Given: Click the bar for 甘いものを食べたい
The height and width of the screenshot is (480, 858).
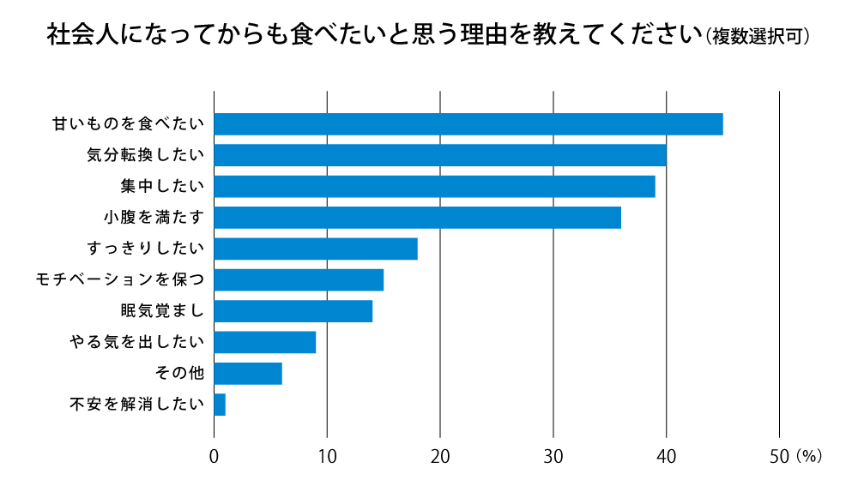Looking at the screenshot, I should coord(468,124).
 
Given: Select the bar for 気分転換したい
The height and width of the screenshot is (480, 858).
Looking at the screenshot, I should coord(439,155).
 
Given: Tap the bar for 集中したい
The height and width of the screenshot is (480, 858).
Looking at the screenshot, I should coord(434,186).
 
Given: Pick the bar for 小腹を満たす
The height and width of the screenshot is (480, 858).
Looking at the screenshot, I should coord(417,218).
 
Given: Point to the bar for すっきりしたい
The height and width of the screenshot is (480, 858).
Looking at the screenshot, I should coord(315,249).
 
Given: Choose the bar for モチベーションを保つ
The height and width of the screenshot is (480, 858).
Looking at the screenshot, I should coord(298,279).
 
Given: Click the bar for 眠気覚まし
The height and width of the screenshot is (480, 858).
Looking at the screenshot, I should coord(293,310).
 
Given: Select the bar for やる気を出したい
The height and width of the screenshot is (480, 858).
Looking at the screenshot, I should coord(264,342).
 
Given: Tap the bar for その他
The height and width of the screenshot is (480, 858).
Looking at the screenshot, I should coord(247,373).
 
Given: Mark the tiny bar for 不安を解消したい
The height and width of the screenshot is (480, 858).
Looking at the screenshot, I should coord(220,404).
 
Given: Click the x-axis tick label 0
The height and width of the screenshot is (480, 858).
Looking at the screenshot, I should coord(214,456).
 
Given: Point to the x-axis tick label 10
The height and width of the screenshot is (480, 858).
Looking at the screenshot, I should coord(327,456).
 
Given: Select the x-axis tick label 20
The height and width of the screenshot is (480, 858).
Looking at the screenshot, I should coord(440,456).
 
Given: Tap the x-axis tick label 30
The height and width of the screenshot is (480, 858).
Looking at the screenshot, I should coord(553,456).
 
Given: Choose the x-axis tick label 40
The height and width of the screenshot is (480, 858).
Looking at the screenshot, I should coord(666,456).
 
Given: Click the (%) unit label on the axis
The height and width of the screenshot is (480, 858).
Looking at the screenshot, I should coord(810,456).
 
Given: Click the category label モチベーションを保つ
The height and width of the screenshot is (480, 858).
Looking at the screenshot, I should coord(119,279).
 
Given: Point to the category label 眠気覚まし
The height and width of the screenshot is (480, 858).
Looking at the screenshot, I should coord(162,310).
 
